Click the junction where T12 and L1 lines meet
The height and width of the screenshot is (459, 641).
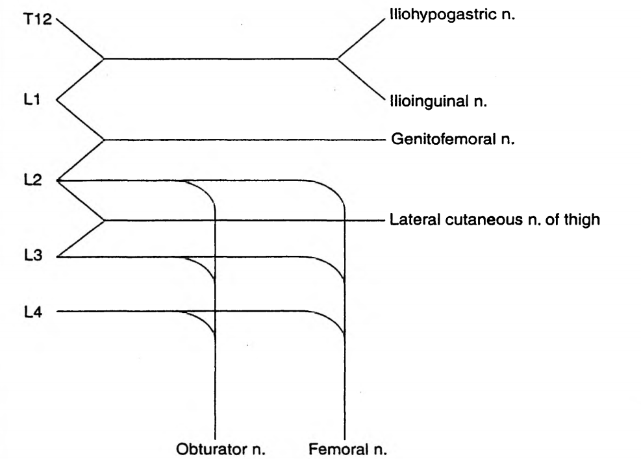(105, 59)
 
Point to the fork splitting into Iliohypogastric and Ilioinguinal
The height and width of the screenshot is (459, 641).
(337, 59)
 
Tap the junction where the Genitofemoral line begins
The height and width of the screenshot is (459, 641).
(105, 140)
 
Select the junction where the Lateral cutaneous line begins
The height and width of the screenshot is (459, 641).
(105, 220)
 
